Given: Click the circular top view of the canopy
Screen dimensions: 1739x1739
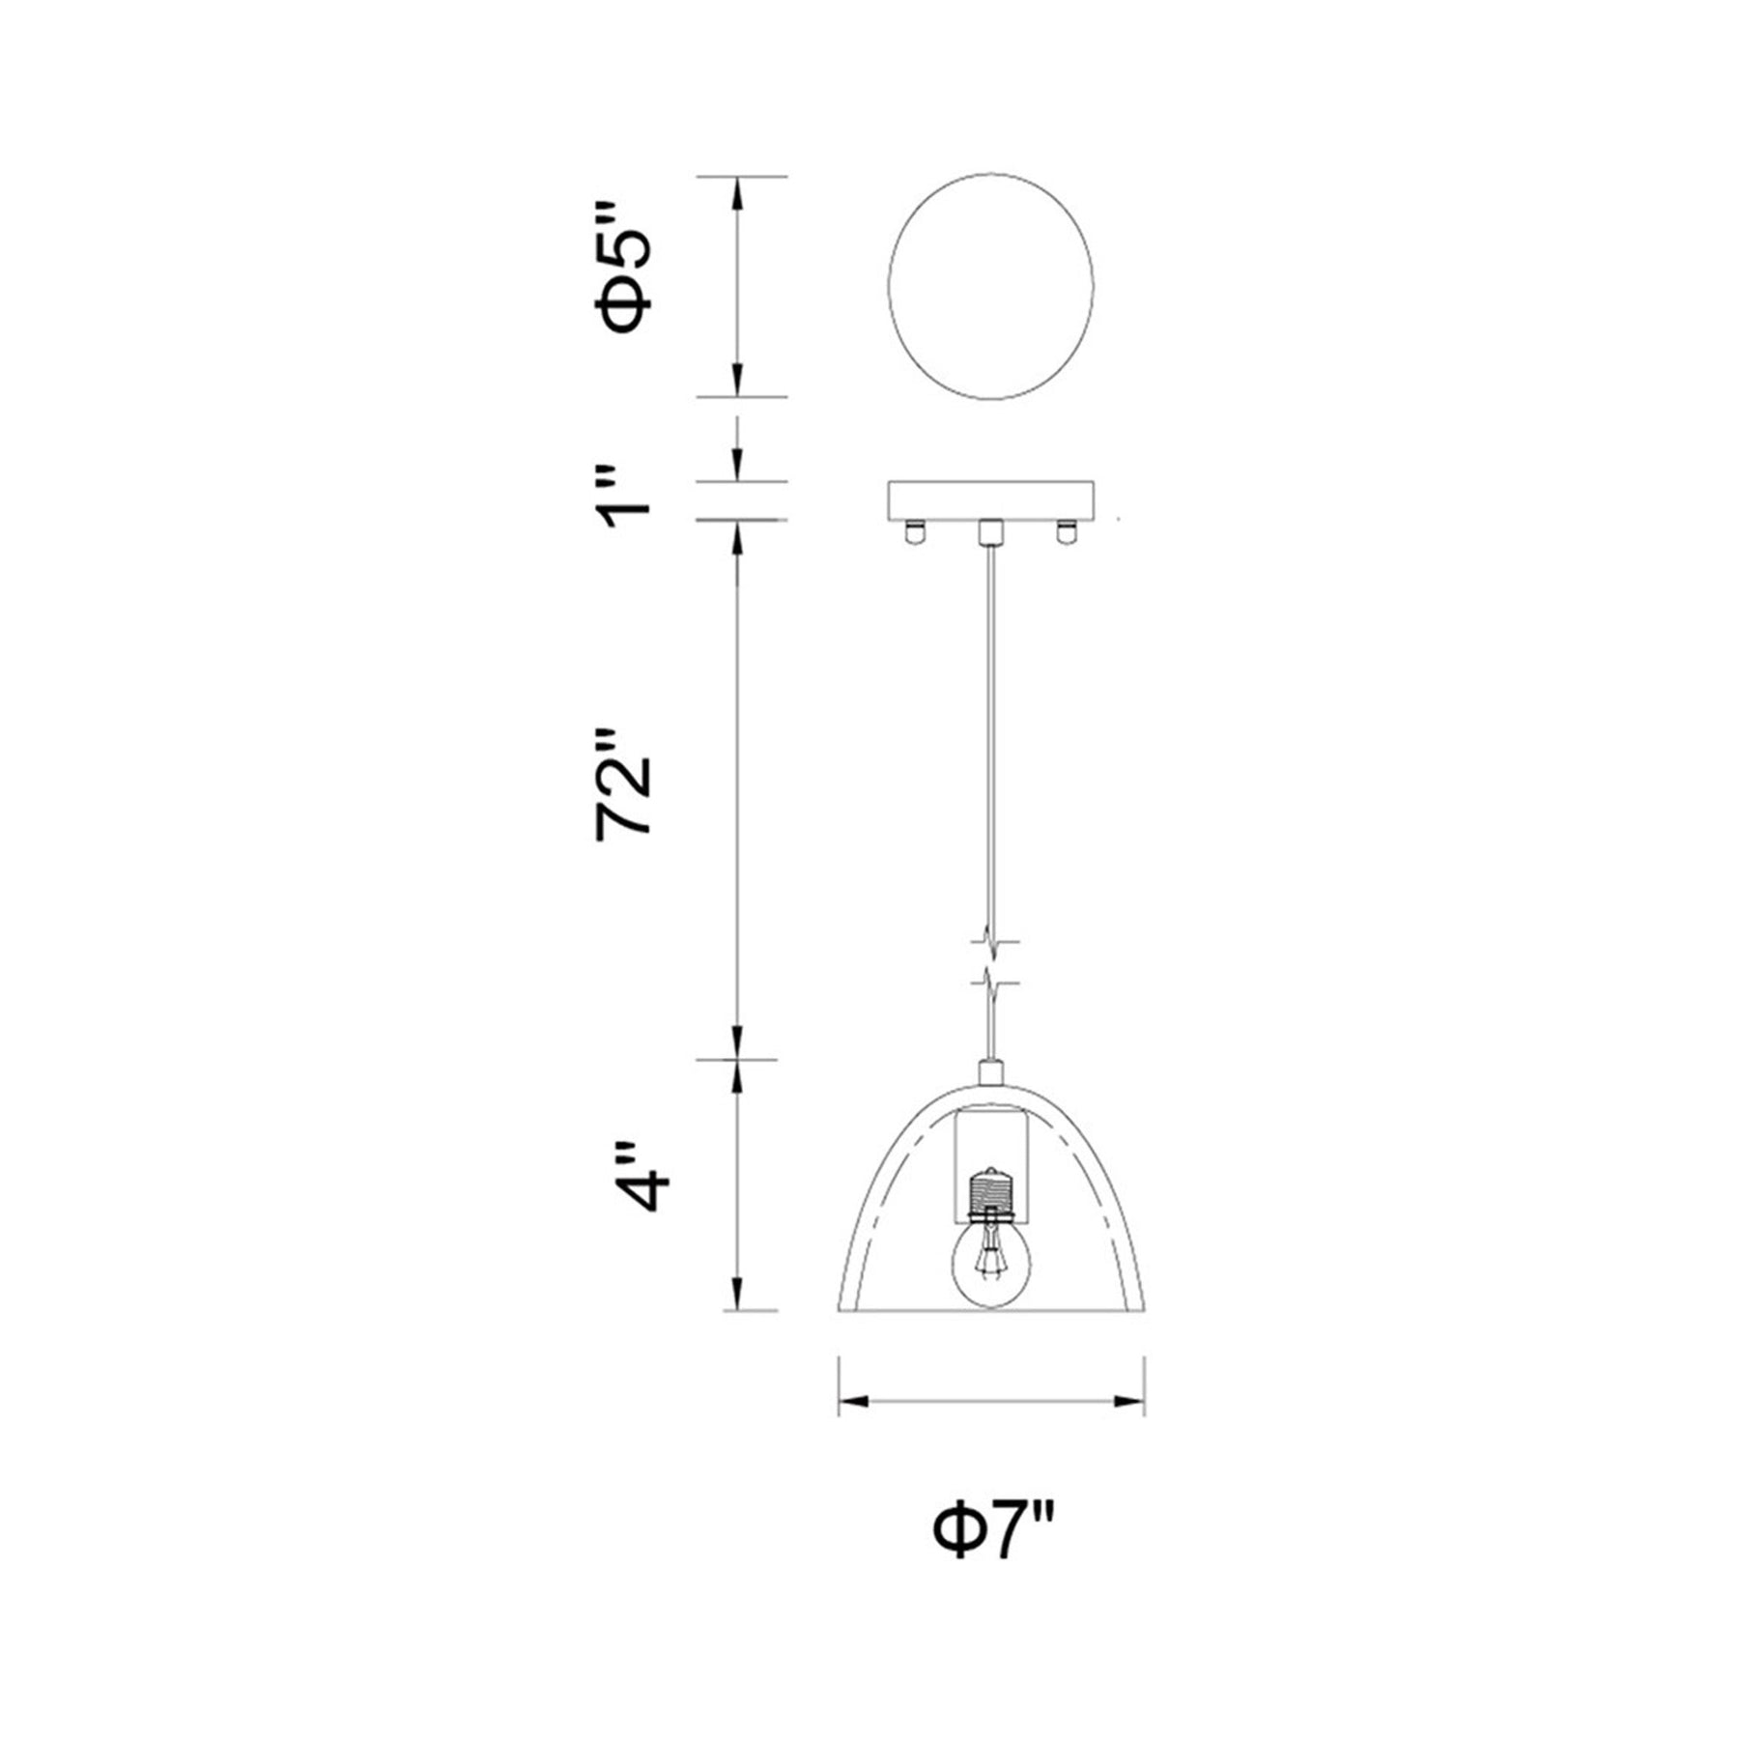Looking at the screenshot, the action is click(991, 287).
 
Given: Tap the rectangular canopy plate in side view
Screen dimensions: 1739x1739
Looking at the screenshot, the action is click(991, 499).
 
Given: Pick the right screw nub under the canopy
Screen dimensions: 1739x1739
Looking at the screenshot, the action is click(1067, 531).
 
